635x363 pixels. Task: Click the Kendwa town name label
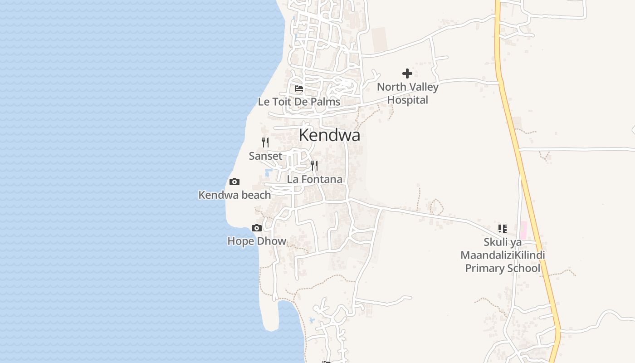click(329, 135)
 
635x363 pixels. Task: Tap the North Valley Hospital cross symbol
click(407, 74)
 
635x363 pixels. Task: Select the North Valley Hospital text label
click(407, 93)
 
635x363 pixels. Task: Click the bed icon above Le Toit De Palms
click(299, 88)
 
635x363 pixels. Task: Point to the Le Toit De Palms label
click(299, 102)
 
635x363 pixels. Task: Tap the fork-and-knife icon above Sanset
click(265, 142)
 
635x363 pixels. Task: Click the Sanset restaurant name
click(265, 156)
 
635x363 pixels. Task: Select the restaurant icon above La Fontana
click(314, 165)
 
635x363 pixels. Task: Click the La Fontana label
click(314, 179)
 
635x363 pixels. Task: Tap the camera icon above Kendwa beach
click(234, 182)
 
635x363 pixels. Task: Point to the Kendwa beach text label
click(234, 195)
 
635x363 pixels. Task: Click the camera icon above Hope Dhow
click(257, 228)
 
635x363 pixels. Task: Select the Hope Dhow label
click(257, 241)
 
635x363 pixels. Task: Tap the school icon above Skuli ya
click(502, 228)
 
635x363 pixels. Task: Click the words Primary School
click(503, 268)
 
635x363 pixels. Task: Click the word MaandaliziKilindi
click(503, 255)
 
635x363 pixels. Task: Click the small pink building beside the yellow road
click(523, 230)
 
